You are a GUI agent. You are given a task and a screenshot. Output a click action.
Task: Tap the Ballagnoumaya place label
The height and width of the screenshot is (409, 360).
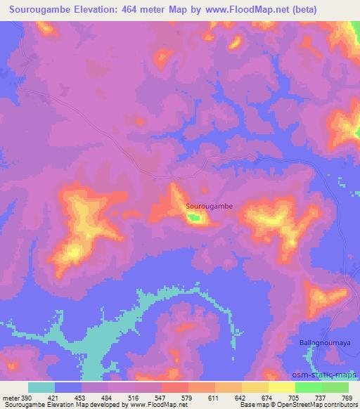pos(321,342)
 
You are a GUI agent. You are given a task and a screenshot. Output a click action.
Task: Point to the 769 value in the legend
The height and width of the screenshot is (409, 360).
pos(348,397)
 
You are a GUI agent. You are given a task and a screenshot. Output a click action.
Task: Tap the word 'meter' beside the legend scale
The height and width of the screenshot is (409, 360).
pos(10,397)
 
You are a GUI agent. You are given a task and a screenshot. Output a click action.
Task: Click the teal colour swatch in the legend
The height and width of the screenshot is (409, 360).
pos(41,387)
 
